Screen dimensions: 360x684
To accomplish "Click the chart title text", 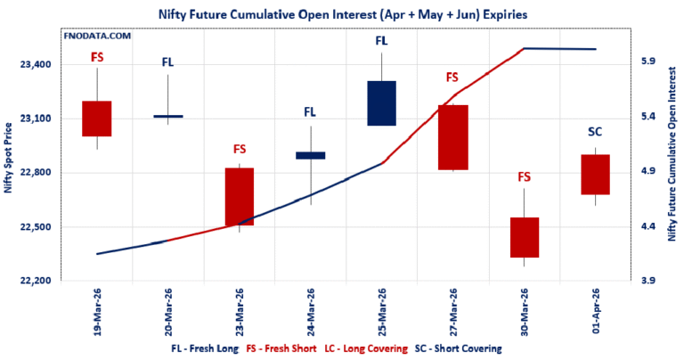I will (x=341, y=12).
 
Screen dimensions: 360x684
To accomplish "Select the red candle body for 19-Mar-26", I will (x=97, y=119).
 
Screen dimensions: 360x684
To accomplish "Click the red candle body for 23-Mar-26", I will (x=240, y=196).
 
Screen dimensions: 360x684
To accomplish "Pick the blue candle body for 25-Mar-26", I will (x=381, y=103).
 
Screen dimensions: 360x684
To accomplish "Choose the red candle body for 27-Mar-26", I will (x=452, y=137).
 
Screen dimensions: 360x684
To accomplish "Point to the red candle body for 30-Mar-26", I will (x=524, y=237).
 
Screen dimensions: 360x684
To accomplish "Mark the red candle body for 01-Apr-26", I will (x=595, y=174).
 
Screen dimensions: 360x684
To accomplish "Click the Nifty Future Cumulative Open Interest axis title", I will (x=673, y=169).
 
